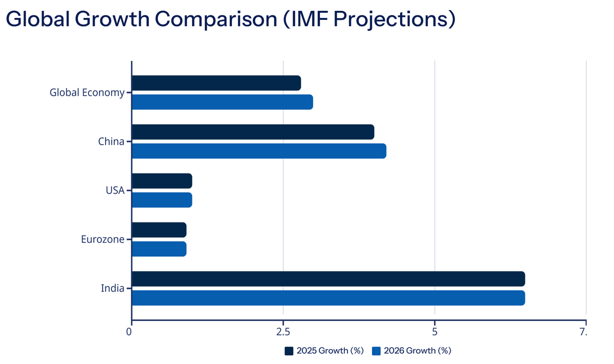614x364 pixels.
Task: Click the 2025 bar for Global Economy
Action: (216, 83)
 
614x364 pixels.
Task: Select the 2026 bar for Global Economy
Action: (222, 102)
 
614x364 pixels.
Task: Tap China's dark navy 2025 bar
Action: (253, 132)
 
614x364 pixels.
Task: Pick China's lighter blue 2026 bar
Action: (259, 151)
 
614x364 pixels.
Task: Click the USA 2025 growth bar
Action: (162, 181)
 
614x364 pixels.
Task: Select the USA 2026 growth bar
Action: (162, 200)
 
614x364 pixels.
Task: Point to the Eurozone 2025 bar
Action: (159, 230)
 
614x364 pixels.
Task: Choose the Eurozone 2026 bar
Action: (159, 249)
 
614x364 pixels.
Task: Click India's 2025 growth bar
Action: (328, 279)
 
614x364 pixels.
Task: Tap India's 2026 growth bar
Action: (328, 298)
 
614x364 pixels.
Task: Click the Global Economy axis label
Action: (87, 93)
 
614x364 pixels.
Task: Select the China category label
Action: (111, 142)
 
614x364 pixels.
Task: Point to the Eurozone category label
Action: (102, 239)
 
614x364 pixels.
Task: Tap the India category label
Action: (113, 288)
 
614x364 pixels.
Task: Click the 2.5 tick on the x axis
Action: (283, 332)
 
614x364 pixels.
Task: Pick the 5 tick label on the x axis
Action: (434, 332)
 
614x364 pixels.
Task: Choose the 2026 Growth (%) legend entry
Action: (412, 351)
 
